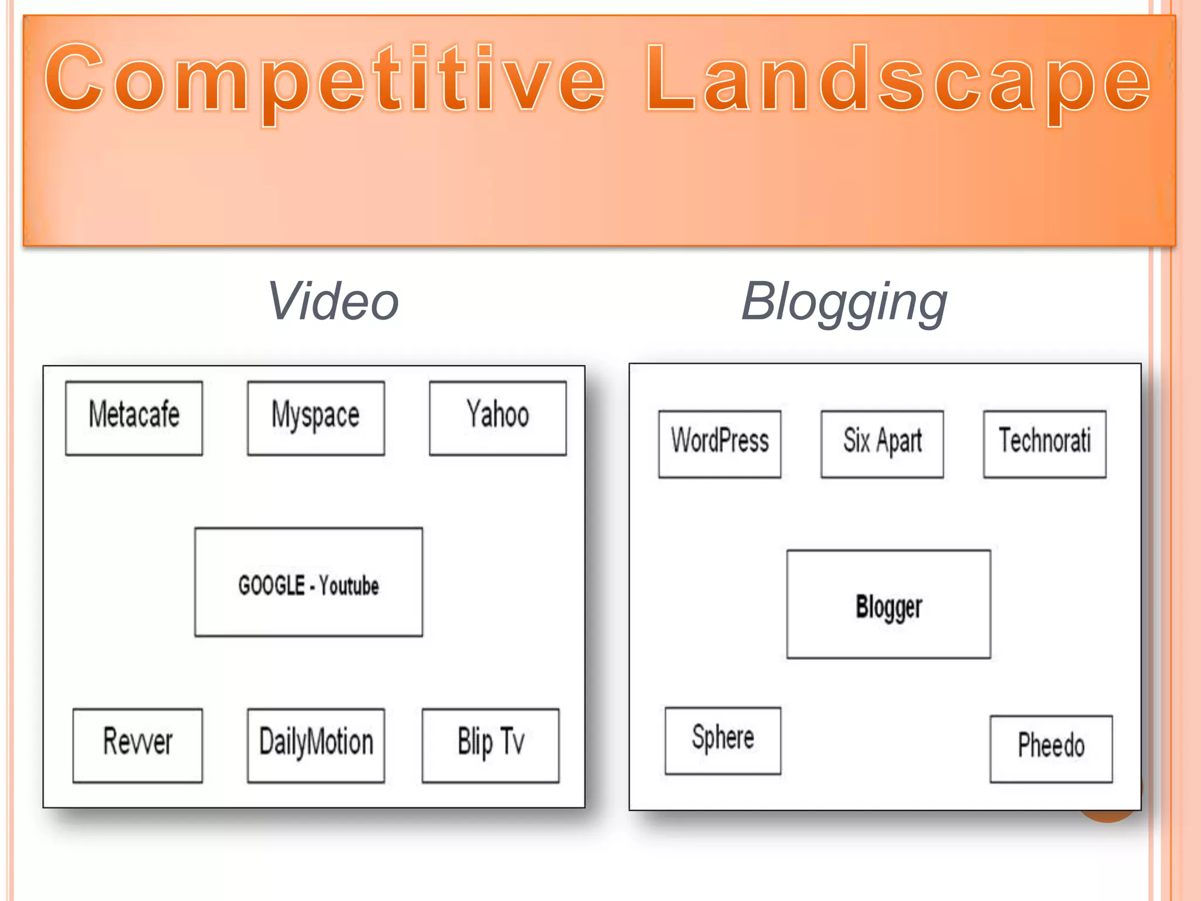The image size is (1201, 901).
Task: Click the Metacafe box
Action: coord(134,418)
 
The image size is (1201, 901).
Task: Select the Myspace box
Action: coord(315,418)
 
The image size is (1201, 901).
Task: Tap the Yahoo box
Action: coord(497,418)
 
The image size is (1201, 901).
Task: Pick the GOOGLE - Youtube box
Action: coord(308,582)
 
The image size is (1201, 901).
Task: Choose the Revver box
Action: coord(137,745)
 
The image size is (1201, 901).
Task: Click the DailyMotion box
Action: coord(315,745)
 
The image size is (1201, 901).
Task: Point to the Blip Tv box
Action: coord(490,745)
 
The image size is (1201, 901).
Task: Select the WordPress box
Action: coord(720,444)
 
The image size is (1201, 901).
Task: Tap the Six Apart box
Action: coord(882,444)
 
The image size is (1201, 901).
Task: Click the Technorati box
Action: coord(1044,444)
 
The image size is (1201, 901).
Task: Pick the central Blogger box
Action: coord(888,604)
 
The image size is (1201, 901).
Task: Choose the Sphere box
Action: coord(722,740)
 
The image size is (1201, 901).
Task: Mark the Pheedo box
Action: coord(1051,748)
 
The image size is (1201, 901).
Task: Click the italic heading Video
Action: coord(333,302)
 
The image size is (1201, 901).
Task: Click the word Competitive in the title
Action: coord(325,79)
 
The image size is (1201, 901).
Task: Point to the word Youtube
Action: coord(349,586)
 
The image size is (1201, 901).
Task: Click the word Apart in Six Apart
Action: coord(899,442)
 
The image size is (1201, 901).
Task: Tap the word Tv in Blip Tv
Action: coord(512,741)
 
